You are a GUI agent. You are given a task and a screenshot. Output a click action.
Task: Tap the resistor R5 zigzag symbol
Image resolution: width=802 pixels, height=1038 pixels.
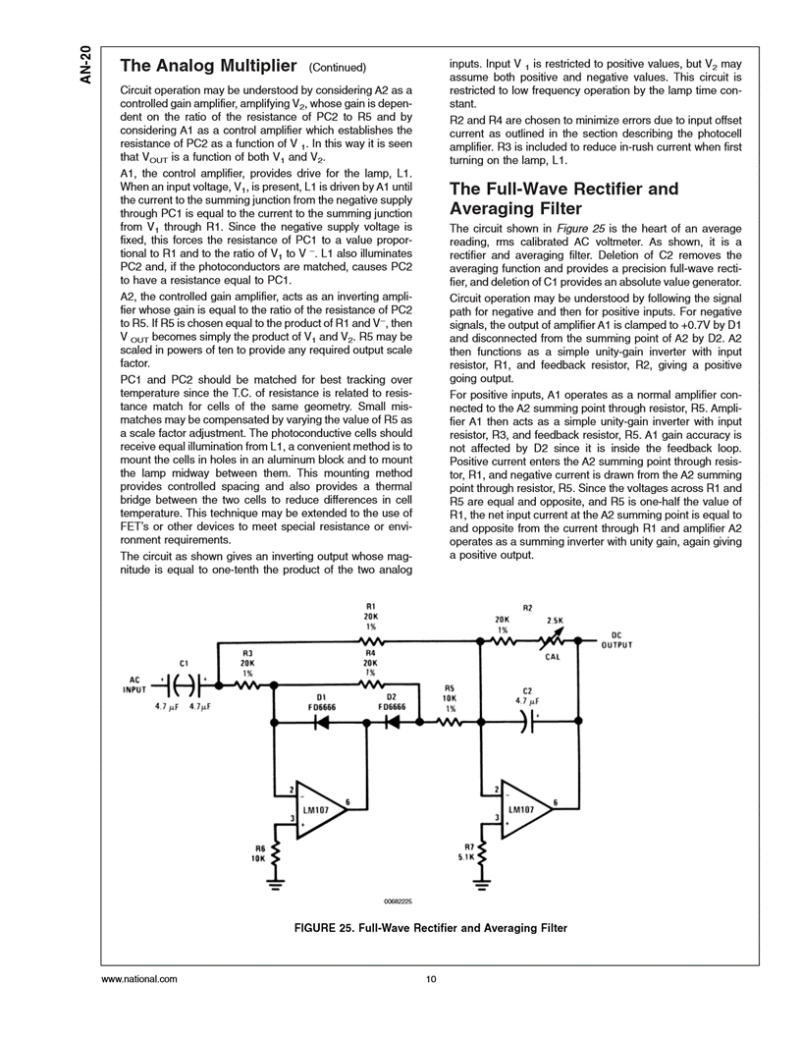[x=451, y=722]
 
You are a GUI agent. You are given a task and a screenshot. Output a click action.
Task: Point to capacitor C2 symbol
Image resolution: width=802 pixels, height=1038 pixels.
[x=529, y=722]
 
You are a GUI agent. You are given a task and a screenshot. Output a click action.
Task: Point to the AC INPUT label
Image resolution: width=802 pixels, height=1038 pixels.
[x=133, y=683]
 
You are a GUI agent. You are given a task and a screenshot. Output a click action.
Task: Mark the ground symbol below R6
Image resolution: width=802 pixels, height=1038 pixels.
[x=276, y=885]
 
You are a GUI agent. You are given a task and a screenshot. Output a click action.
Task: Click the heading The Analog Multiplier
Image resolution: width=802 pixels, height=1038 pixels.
[x=208, y=67]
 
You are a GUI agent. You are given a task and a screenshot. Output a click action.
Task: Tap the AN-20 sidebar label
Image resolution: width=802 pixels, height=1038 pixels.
[x=86, y=65]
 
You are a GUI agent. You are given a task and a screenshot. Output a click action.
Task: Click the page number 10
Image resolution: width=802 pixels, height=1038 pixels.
[x=431, y=979]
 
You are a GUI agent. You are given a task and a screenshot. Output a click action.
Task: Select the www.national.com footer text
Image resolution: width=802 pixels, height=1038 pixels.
[x=139, y=979]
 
